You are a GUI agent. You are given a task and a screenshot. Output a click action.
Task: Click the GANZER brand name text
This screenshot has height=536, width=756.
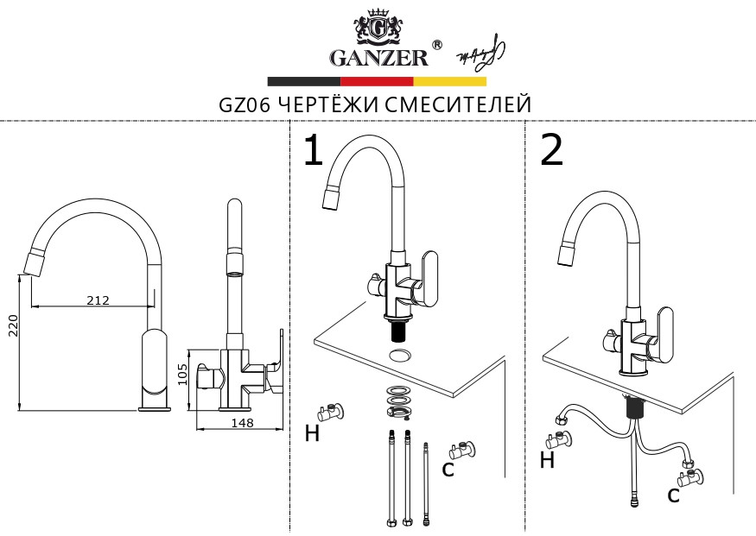[378, 58]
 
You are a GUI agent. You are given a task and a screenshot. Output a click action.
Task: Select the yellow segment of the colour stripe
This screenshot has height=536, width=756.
[449, 81]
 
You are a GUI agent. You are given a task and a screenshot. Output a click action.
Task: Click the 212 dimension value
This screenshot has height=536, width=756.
[98, 300]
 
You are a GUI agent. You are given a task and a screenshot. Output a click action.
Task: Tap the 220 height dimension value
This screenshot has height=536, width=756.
[12, 325]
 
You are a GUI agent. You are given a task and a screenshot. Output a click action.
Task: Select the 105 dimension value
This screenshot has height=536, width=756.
[182, 374]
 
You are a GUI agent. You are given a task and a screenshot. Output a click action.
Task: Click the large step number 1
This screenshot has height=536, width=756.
[313, 152]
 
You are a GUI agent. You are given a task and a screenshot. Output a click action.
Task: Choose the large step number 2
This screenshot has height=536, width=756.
[551, 151]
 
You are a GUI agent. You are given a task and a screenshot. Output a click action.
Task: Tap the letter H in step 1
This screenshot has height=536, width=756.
[312, 434]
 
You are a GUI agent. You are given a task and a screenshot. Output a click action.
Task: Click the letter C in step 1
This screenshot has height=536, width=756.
[448, 469]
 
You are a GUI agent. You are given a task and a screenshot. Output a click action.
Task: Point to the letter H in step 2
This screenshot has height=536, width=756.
[547, 461]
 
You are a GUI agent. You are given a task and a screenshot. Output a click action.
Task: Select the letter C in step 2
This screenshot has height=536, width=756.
[672, 495]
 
